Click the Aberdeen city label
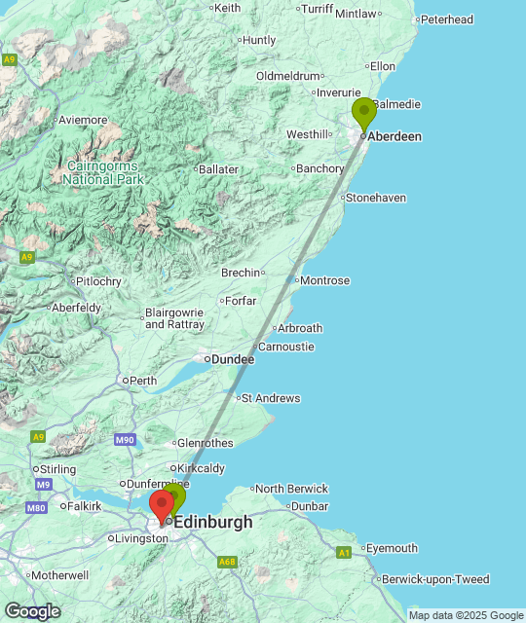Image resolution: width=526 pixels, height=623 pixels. [x=395, y=136]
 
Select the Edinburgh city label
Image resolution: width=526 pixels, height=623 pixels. [x=213, y=522]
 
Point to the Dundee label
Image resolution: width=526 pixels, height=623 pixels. [x=234, y=359]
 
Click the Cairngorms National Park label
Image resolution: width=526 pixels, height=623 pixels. [x=103, y=173]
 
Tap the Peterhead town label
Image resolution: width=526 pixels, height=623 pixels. [x=448, y=19]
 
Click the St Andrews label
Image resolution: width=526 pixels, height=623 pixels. [x=271, y=398]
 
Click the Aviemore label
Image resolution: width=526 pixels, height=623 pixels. [x=83, y=120]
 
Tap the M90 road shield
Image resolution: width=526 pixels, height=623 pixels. [x=125, y=440]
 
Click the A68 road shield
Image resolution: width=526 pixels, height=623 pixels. [x=227, y=562]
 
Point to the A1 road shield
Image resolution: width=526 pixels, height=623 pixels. [x=344, y=552]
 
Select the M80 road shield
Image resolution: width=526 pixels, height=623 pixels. [x=37, y=507]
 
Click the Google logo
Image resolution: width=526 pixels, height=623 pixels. [x=32, y=610]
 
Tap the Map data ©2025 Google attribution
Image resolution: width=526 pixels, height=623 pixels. [x=465, y=615]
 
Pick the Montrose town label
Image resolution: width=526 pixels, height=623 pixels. [x=325, y=280]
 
